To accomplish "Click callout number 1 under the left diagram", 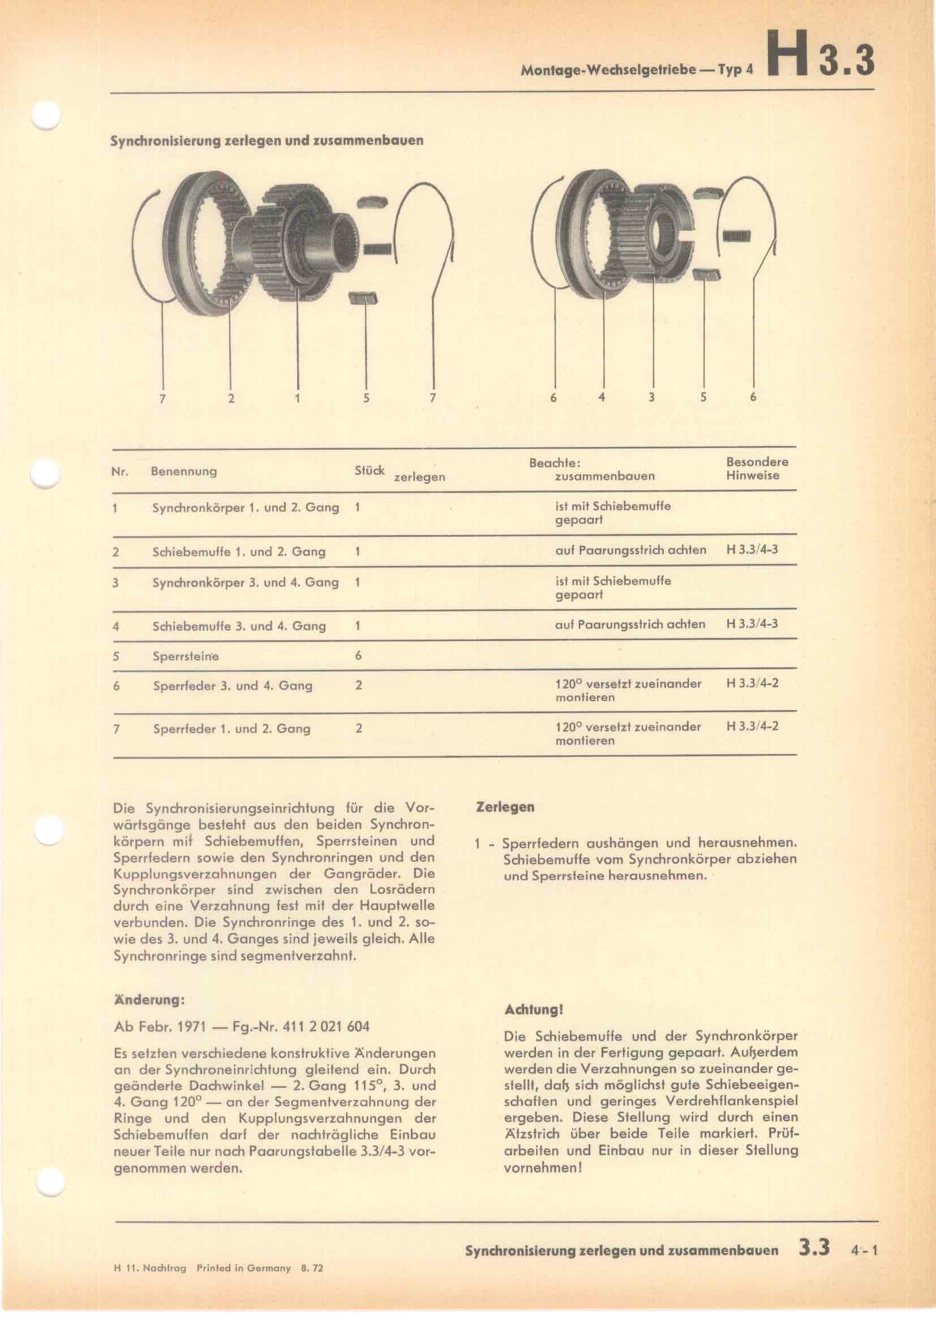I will [298, 398].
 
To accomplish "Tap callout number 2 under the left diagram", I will [231, 398].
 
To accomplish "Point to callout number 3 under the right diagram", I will [651, 397].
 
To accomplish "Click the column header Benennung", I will [184, 471].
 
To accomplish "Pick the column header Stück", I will [370, 470].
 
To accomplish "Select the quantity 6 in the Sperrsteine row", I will [358, 656].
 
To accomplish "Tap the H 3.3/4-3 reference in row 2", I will [752, 549].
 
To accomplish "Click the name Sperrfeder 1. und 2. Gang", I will [231, 729].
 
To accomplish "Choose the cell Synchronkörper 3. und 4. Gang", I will [246, 583].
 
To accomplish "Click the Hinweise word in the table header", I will [753, 476].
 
